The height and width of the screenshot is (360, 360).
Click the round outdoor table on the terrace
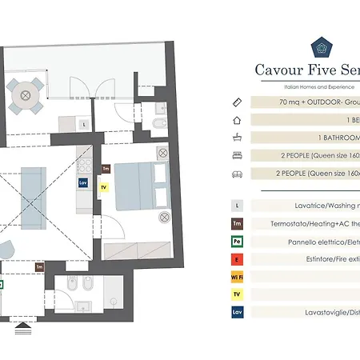[26, 95]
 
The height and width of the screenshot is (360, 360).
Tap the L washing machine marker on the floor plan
[84, 123]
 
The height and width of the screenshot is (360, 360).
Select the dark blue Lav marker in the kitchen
[82, 182]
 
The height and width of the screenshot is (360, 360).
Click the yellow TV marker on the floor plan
[102, 188]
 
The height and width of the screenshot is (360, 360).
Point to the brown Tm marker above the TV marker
[106, 169]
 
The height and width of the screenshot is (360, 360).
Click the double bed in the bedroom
[142, 185]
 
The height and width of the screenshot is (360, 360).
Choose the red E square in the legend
[237, 258]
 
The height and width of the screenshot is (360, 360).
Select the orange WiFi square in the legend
[237, 277]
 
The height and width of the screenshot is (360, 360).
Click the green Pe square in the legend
[237, 241]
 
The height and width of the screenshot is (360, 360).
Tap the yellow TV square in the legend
[237, 294]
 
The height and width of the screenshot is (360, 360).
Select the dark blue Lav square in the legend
[237, 313]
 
